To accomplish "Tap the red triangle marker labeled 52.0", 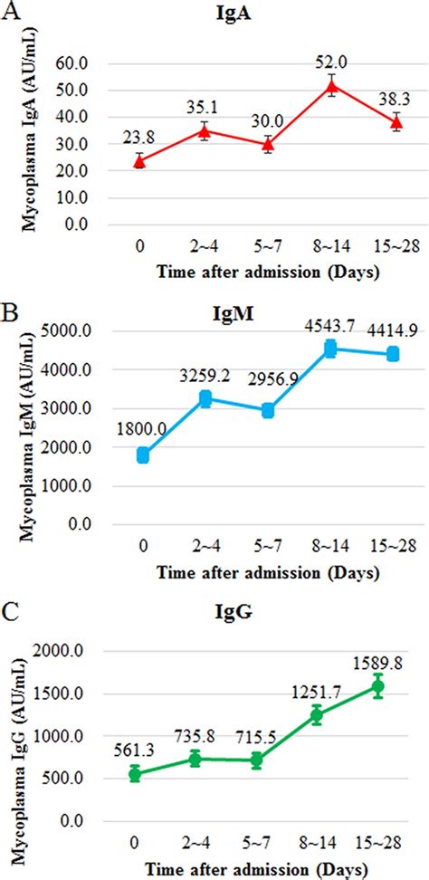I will [333, 87].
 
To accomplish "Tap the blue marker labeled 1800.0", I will [143, 455].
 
